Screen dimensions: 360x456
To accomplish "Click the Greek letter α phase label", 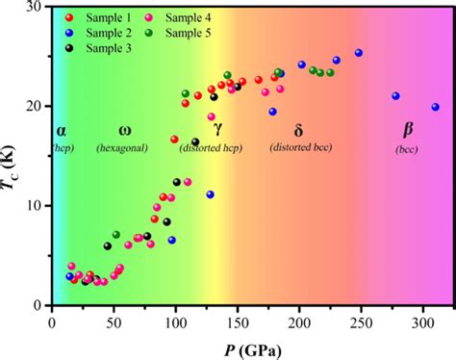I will (x=62, y=128).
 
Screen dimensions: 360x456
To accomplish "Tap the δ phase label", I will (x=298, y=128).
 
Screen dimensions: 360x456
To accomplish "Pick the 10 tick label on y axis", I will (x=38, y=206).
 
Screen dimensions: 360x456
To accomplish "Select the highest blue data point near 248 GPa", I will (x=359, y=53).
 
